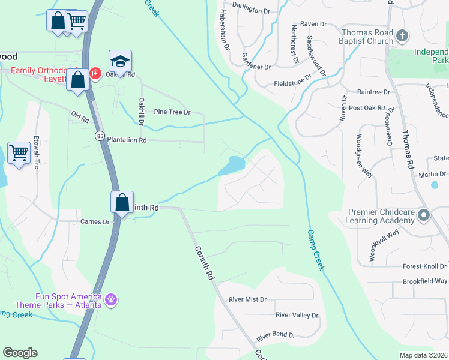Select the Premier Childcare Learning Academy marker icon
(x=424, y=215)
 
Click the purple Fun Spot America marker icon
(x=110, y=299)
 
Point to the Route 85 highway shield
(x=99, y=136)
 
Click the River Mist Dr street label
(x=247, y=299)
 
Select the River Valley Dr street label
(x=297, y=315)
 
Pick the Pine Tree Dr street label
(x=172, y=112)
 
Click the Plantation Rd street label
(x=127, y=140)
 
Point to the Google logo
(x=20, y=353)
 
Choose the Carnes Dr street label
(x=95, y=221)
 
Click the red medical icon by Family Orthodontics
(x=95, y=73)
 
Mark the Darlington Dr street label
(x=253, y=11)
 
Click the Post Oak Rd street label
(x=366, y=108)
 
